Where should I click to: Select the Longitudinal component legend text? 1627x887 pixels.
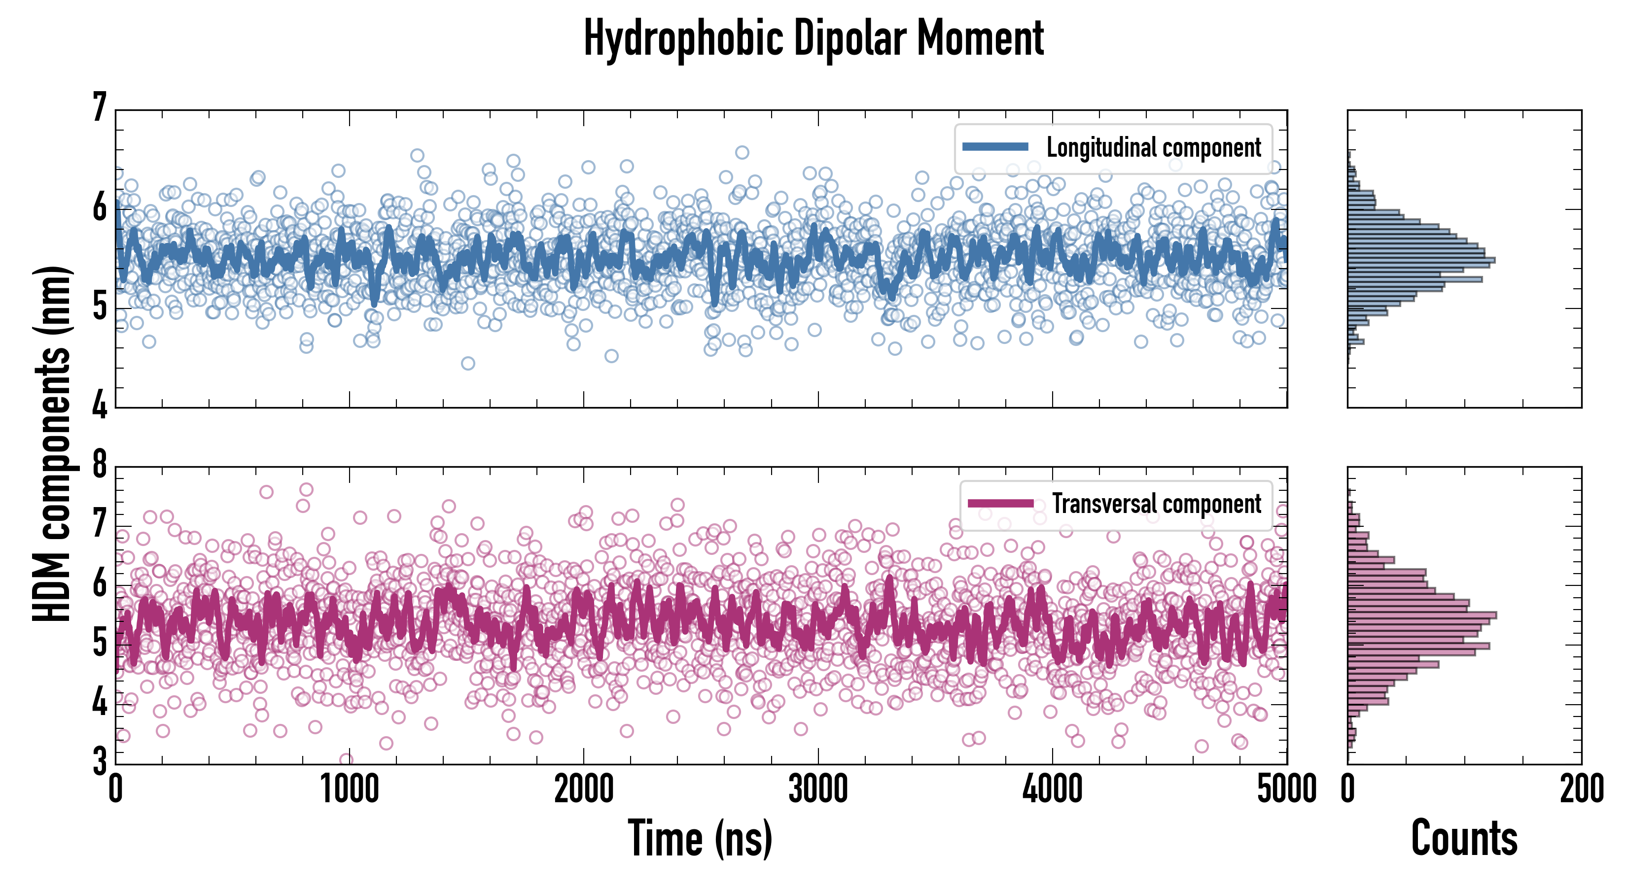(1153, 148)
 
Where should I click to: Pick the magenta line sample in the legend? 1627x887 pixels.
(1000, 504)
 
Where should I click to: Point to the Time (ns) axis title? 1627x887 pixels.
(700, 838)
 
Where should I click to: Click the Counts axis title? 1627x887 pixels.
(1464, 838)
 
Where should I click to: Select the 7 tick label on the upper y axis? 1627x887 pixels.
(100, 107)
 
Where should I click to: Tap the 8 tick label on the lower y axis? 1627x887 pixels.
(100, 465)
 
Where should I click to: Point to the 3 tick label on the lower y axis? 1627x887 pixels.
(100, 762)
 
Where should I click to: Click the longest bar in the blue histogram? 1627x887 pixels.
(1421, 260)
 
